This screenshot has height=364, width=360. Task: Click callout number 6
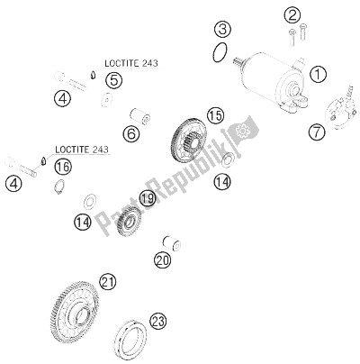coord(130,134)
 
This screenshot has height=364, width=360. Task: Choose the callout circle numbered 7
coord(318,132)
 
